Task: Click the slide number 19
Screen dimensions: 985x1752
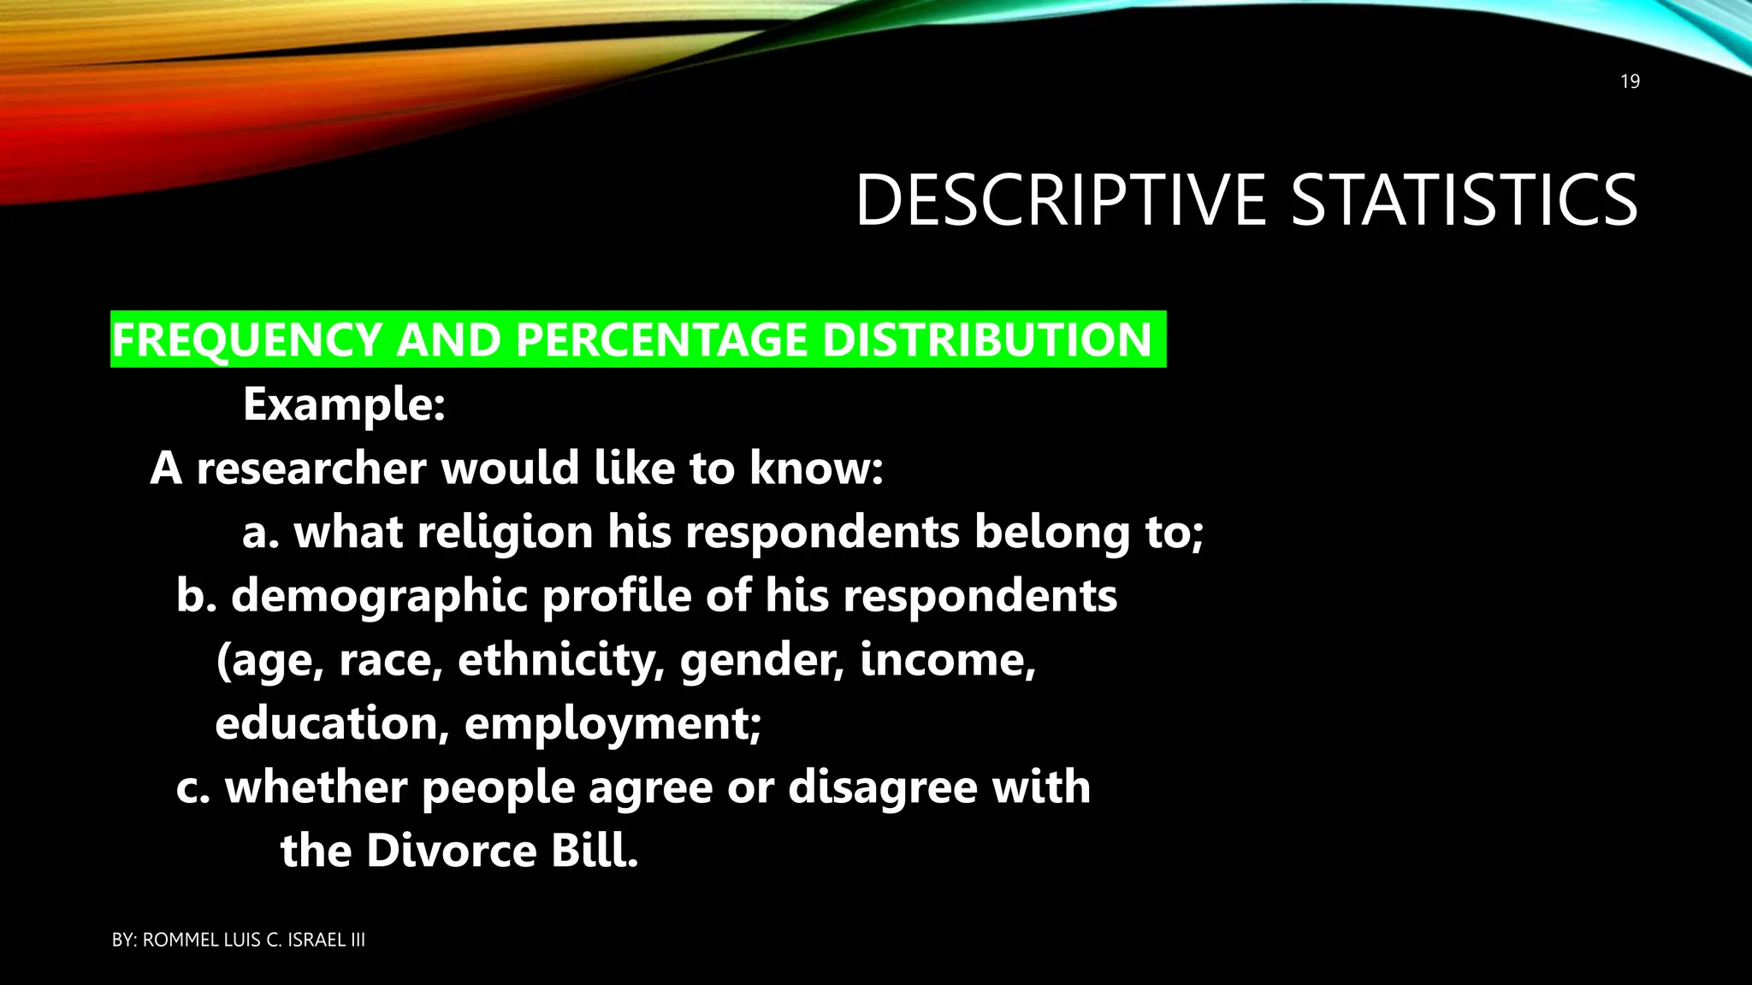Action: coord(1630,82)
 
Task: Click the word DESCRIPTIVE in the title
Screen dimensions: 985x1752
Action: coord(1060,200)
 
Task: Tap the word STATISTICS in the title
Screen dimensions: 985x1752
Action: coord(1463,200)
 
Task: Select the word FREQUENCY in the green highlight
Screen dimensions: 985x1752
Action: coord(246,340)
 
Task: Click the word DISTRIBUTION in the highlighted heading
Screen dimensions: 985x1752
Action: coord(986,340)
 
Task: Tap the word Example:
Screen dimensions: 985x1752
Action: coord(344,404)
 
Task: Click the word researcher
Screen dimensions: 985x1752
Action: coord(311,469)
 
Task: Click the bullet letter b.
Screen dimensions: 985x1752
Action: coord(193,596)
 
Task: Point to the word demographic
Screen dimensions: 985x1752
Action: coord(379,596)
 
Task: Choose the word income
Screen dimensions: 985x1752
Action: coord(948,660)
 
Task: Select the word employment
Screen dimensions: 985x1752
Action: coord(613,725)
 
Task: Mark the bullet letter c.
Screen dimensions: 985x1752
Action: coord(192,787)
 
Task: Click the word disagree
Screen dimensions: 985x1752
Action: coord(882,787)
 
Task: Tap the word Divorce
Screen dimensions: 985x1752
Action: coord(452,851)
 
